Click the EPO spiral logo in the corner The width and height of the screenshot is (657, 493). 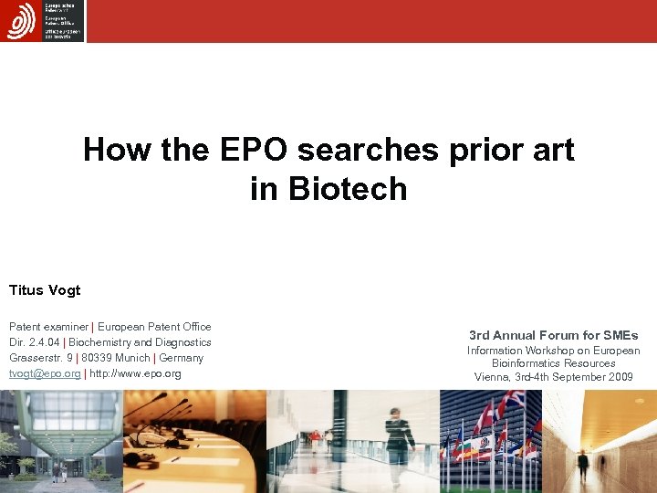pyautogui.click(x=20, y=20)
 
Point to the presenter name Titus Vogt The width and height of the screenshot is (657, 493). pyautogui.click(x=45, y=290)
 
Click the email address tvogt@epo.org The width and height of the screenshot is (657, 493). pyautogui.click(x=45, y=373)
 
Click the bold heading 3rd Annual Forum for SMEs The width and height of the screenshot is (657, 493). pyautogui.click(x=553, y=335)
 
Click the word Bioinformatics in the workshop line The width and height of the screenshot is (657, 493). pyautogui.click(x=524, y=363)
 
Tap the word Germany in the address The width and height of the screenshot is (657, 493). pyautogui.click(x=182, y=358)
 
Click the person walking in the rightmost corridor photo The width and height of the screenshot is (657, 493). pyautogui.click(x=582, y=464)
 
